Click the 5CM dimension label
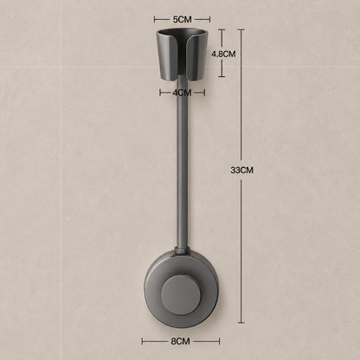[182, 20]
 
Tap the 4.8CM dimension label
[223, 54]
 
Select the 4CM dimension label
[182, 93]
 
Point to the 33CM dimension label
[241, 170]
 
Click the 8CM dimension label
[180, 342]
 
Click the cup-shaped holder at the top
[182, 55]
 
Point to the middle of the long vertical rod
[182, 163]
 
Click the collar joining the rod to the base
[182, 250]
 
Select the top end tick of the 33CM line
[241, 29]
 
